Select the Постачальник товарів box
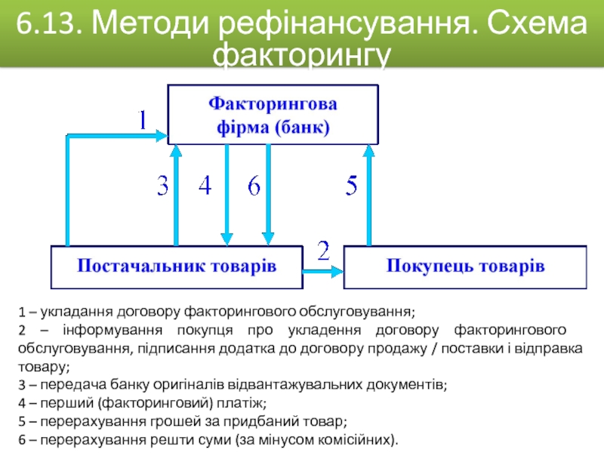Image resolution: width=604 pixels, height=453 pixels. point(176,266)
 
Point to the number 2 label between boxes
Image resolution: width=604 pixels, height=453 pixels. point(324,251)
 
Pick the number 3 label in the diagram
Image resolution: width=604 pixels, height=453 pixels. point(162,186)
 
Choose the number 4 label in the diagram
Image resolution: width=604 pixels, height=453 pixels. point(205,186)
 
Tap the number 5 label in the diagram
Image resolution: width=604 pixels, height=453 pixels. point(351,186)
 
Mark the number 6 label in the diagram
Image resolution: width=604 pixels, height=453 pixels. point(254,186)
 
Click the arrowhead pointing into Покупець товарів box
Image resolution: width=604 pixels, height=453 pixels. point(337,270)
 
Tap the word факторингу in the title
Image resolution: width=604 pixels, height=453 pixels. point(302,56)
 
